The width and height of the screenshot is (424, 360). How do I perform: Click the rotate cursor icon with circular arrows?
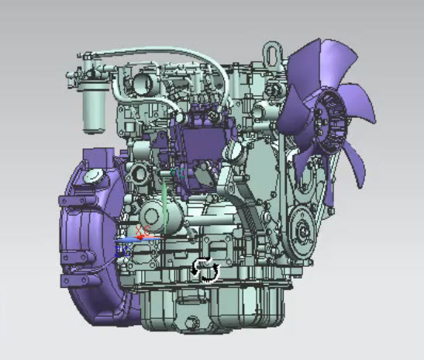click(x=205, y=269)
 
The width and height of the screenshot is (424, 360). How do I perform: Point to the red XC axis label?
click(x=142, y=230)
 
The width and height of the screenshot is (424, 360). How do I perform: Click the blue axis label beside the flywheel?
click(x=122, y=250)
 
